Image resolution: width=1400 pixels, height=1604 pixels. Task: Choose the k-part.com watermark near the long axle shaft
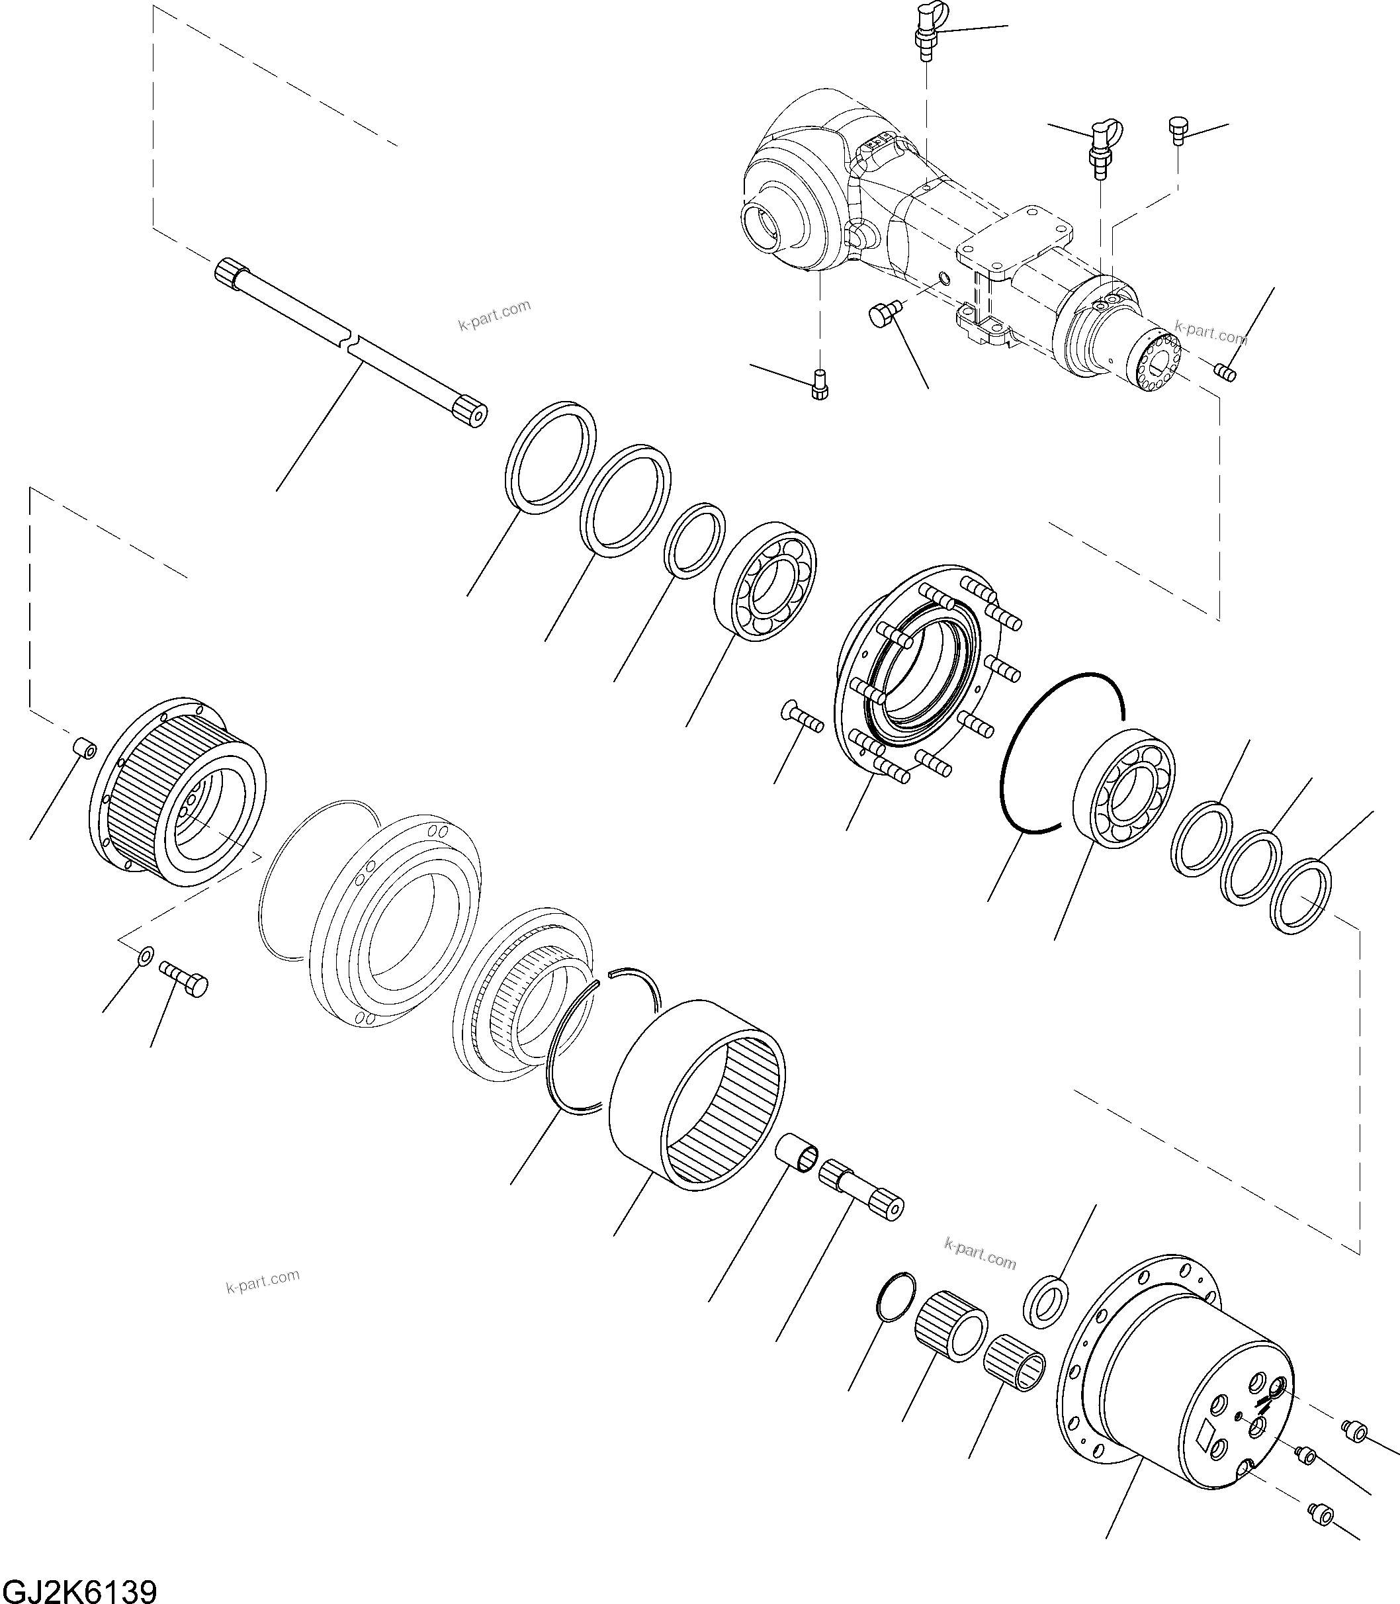(494, 314)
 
